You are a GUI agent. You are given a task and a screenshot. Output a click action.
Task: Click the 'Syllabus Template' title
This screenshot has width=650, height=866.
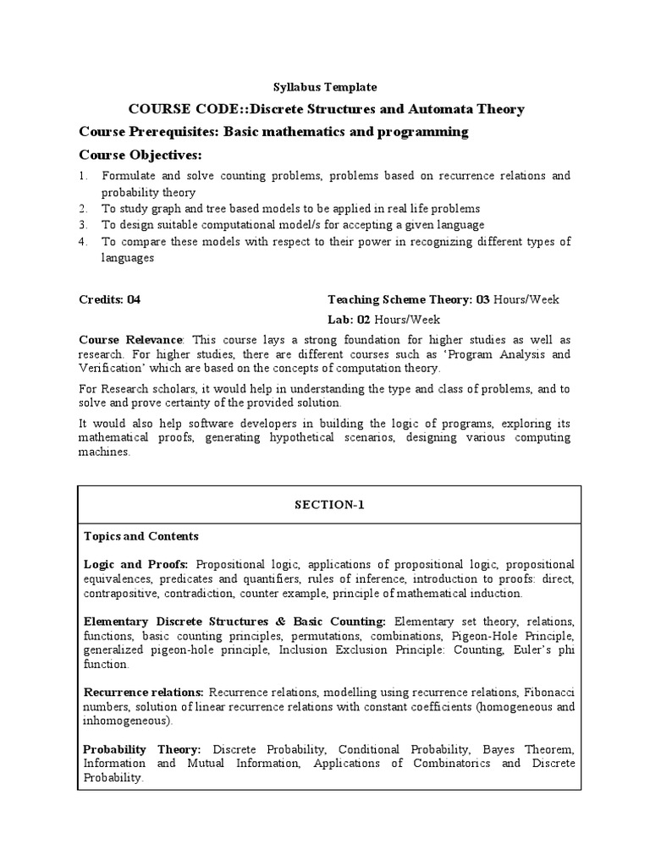(x=324, y=87)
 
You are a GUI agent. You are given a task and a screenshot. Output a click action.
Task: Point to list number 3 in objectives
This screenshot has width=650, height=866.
(x=83, y=225)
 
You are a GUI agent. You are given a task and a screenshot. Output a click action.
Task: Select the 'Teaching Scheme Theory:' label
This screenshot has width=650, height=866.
(x=400, y=299)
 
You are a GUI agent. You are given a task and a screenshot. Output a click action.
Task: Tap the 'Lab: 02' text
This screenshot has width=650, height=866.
(x=350, y=319)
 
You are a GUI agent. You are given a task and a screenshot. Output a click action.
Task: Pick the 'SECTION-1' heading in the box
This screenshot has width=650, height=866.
(x=327, y=504)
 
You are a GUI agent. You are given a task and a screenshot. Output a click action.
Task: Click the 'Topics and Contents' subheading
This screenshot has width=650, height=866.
(x=140, y=536)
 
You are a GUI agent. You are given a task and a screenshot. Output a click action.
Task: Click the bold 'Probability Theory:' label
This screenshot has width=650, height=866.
(x=141, y=749)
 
